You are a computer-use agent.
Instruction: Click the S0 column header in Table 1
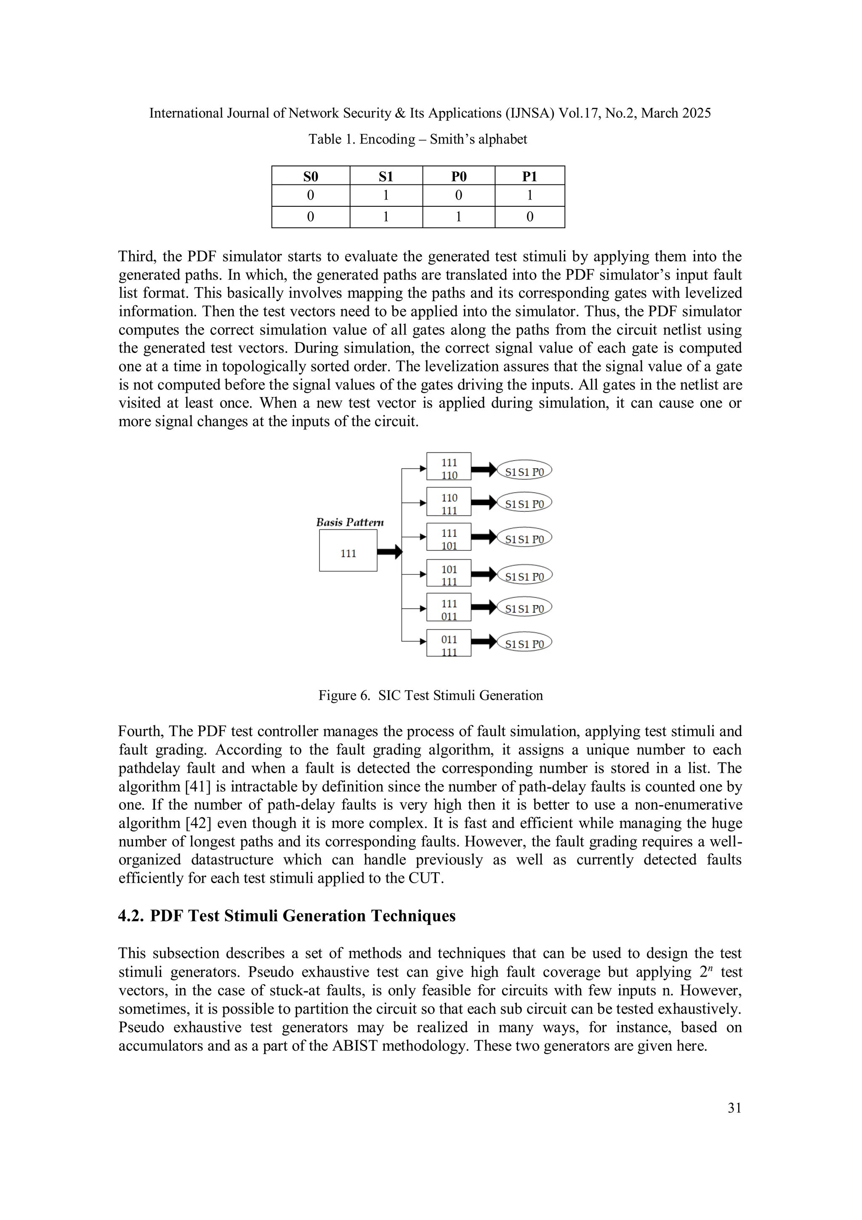(x=311, y=176)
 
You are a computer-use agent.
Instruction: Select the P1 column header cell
(x=529, y=176)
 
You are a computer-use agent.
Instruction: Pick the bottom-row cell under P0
(x=458, y=217)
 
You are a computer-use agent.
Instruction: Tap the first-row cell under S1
(x=386, y=195)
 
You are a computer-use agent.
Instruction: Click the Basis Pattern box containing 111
(x=348, y=551)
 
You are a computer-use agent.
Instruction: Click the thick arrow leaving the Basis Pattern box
(x=390, y=552)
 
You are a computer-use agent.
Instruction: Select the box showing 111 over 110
(x=449, y=467)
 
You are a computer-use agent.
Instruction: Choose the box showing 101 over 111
(x=449, y=573)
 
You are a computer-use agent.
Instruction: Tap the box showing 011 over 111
(x=449, y=643)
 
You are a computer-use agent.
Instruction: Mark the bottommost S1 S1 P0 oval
(x=524, y=644)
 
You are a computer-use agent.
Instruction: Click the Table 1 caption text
(x=418, y=139)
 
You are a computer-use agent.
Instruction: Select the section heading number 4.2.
(x=130, y=916)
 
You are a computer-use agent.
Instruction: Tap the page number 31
(x=734, y=1108)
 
